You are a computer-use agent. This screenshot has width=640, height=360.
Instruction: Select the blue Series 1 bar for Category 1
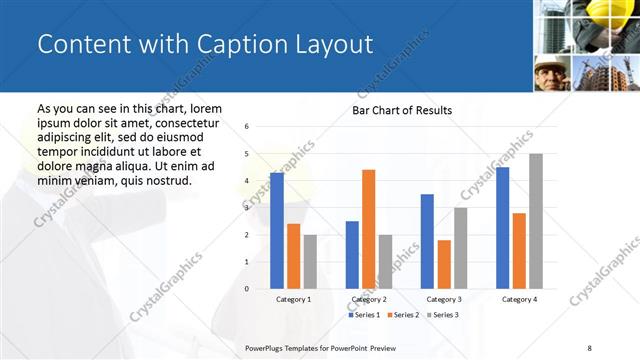click(277, 231)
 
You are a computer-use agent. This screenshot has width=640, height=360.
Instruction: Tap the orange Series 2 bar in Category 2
click(368, 229)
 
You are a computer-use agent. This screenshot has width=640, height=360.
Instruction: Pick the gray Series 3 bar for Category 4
click(536, 221)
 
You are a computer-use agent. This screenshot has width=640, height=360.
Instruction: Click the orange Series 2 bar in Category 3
click(444, 264)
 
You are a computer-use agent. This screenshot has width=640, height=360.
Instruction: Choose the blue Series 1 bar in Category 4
click(502, 228)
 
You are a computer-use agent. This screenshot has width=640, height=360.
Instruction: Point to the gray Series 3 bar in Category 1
click(310, 262)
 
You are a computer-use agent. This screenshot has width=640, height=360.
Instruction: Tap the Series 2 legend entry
click(401, 315)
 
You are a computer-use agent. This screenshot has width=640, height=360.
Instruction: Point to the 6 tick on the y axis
click(247, 127)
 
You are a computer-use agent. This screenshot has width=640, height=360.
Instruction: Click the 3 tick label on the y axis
click(247, 208)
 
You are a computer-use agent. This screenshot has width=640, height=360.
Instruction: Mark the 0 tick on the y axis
click(247, 289)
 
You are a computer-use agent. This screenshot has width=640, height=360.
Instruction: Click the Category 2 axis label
click(369, 299)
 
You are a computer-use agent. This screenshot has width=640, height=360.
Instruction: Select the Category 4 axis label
click(519, 299)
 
